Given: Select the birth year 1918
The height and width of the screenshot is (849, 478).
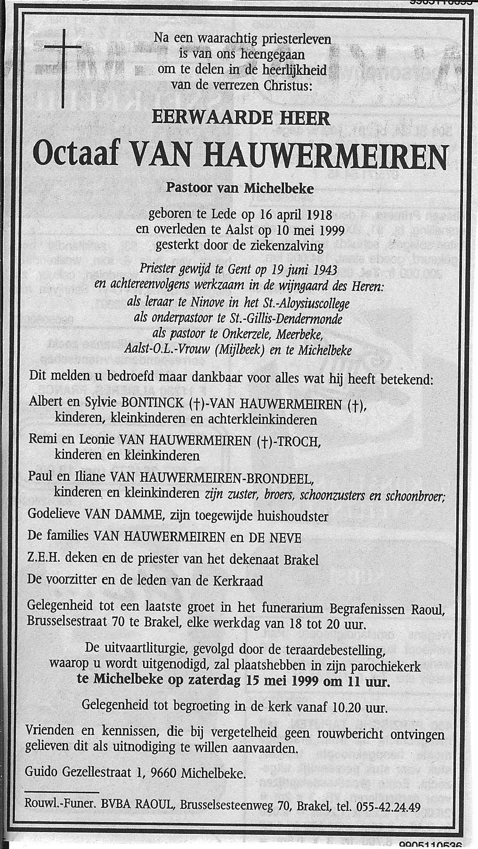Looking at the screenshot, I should pos(317,215).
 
